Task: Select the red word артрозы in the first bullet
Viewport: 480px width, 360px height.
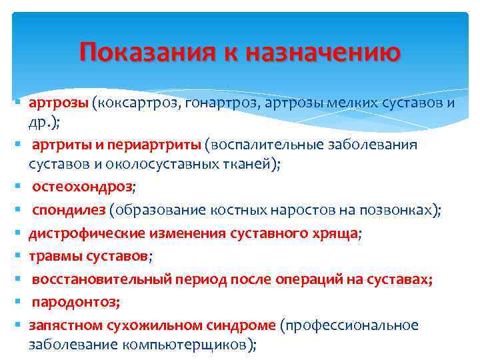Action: point(58,103)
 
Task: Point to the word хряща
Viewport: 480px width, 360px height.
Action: point(334,233)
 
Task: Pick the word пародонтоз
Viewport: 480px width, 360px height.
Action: point(73,302)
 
